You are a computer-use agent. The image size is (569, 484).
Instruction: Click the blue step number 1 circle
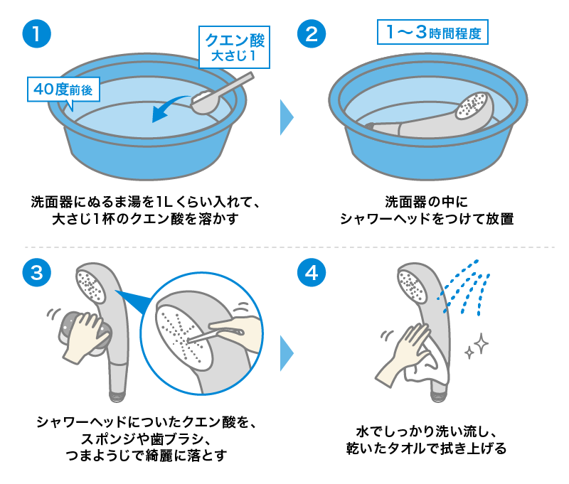point(37,33)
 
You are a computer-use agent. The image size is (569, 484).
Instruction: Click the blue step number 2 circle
point(312,33)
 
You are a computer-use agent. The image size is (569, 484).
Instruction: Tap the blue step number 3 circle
point(37,272)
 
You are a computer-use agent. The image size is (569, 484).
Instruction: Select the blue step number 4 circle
point(312,272)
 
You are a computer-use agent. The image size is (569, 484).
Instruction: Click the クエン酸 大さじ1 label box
point(235,47)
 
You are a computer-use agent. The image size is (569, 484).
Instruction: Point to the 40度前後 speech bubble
point(63,91)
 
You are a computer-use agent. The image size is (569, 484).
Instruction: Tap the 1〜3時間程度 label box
point(432,32)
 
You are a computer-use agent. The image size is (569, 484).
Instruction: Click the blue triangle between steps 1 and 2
point(287,117)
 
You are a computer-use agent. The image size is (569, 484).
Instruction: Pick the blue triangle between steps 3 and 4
point(287,353)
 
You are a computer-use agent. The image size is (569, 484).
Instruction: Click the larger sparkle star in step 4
point(482,343)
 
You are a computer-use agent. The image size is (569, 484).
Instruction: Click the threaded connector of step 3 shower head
point(117,397)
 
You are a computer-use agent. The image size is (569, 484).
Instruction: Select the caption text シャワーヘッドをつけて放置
point(427,219)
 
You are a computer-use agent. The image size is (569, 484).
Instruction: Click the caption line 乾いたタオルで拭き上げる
point(426,448)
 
